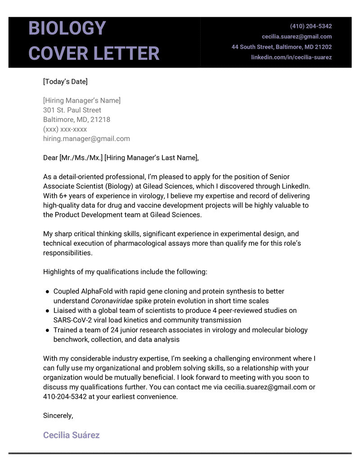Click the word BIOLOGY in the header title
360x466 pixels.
point(67,29)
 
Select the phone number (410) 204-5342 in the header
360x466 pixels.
point(310,26)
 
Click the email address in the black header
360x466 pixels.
point(297,36)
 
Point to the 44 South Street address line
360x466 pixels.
point(282,47)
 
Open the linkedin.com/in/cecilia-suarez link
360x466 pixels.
point(291,57)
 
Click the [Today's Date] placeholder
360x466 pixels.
point(65,81)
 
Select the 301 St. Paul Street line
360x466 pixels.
point(72,110)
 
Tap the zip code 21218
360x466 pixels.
point(100,120)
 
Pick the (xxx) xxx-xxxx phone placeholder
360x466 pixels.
point(65,129)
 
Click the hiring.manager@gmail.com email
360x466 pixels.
point(86,139)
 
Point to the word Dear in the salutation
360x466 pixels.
point(50,158)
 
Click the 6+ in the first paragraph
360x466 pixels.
point(64,196)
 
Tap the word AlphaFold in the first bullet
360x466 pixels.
point(96,291)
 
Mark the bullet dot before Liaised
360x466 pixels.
point(47,311)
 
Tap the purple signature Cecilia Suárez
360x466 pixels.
point(71,435)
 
